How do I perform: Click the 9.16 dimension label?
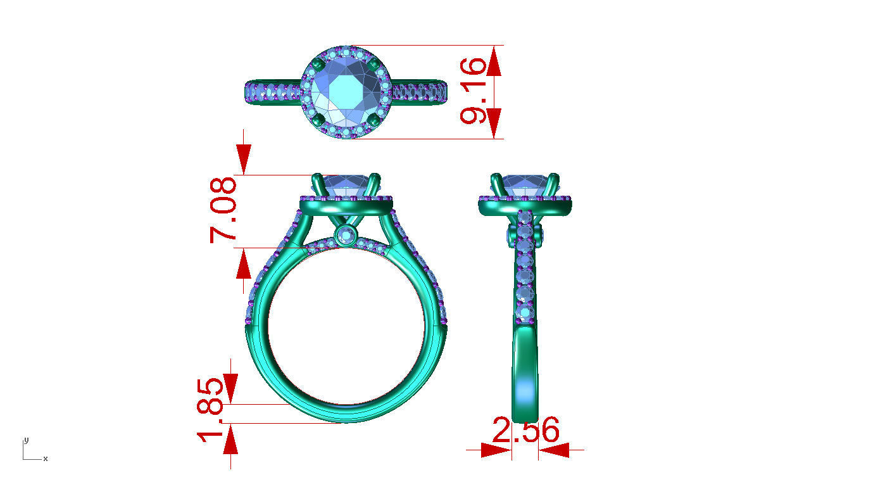pos(475,92)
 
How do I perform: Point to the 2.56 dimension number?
pos(526,431)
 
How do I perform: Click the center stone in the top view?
pos(345,92)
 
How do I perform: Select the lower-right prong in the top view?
pos(373,120)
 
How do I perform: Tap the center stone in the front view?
pos(345,185)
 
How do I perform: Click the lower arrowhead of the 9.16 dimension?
pos(494,123)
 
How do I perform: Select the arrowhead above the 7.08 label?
pos(244,159)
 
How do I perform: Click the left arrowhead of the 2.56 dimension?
pos(495,450)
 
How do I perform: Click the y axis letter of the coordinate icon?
pos(26,440)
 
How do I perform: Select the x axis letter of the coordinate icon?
pos(46,459)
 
